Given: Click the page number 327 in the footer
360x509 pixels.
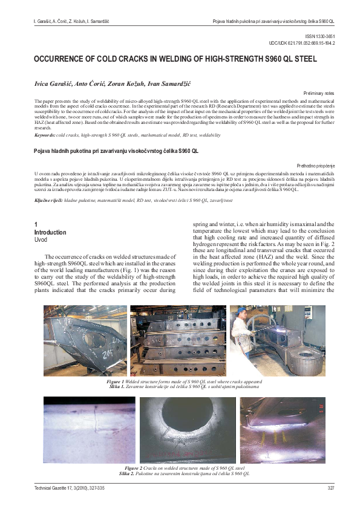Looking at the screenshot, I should [x=330, y=488].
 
